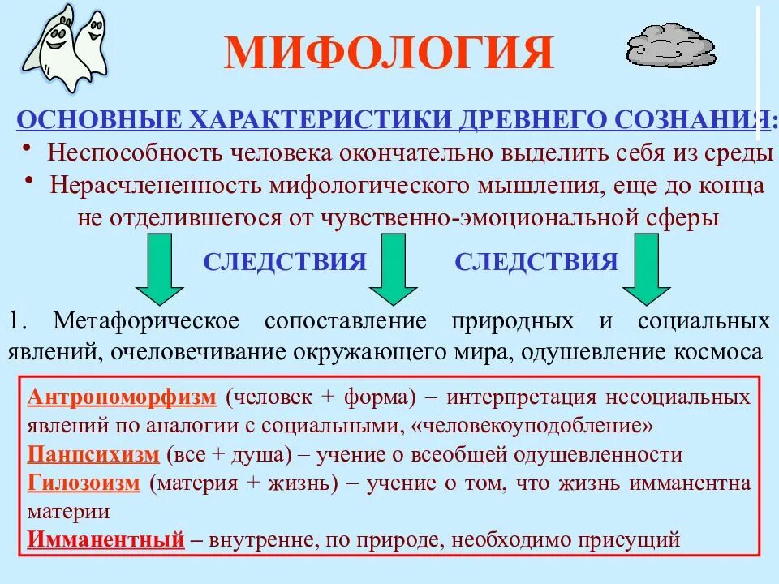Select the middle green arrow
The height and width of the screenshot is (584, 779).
[393, 272]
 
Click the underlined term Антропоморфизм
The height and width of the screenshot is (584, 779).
[123, 397]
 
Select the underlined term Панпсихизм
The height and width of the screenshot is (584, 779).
[94, 454]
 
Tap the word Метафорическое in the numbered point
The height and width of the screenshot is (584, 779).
[147, 320]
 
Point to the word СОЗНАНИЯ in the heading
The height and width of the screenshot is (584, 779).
[691, 120]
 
